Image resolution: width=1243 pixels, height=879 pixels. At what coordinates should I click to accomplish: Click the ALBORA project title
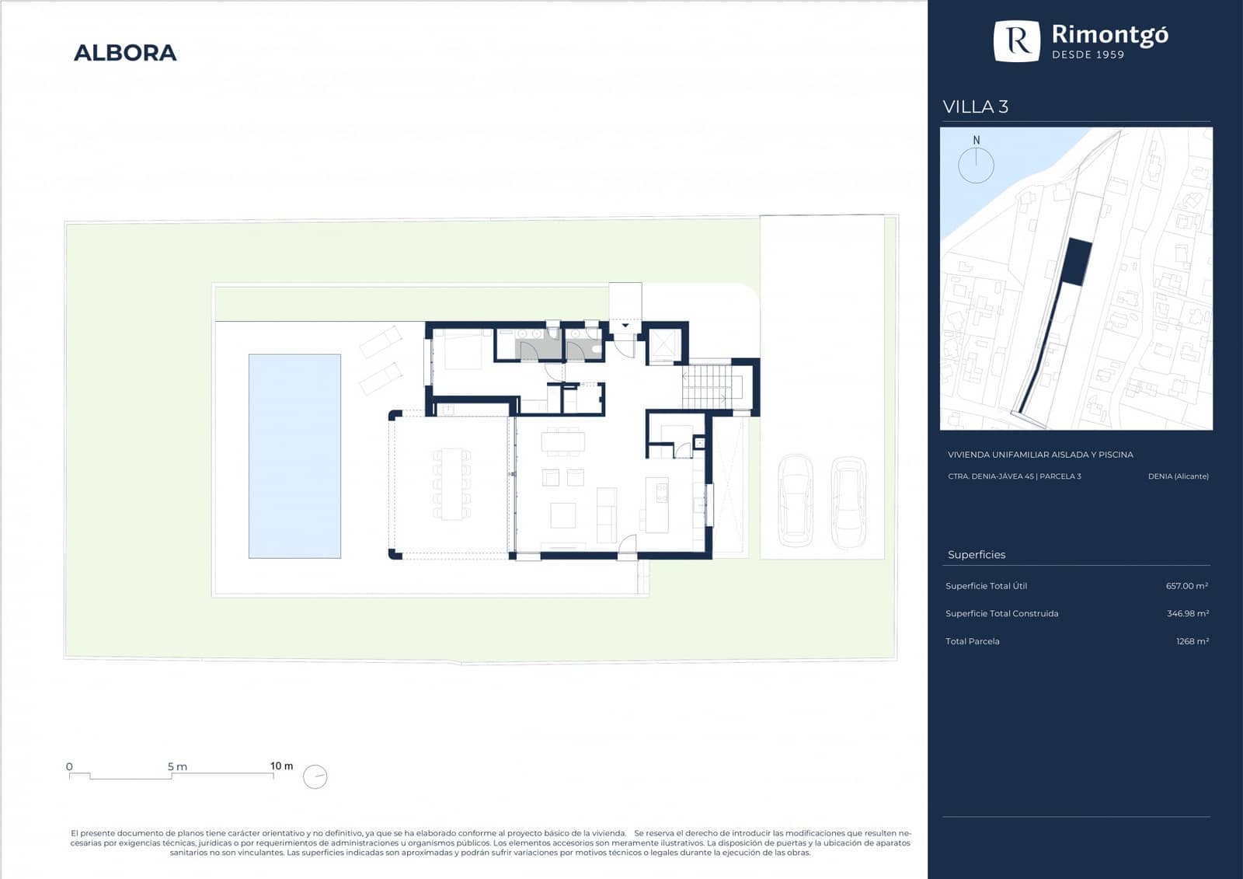pos(125,53)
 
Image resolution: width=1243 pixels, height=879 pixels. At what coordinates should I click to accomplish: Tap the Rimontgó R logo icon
pos(1017,41)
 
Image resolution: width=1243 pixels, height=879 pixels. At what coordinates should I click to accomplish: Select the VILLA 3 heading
pos(976,106)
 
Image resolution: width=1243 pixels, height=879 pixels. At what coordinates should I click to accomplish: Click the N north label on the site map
pos(976,141)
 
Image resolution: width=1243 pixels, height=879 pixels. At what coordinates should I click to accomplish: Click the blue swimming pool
pos(294,456)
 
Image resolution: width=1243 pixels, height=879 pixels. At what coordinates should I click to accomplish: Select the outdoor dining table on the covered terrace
pos(451,483)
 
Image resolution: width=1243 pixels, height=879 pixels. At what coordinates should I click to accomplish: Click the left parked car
pos(796,501)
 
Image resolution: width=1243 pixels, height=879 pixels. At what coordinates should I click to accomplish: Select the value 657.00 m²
pos(1187,586)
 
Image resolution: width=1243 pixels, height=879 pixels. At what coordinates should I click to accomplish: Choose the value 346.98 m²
pos(1188,613)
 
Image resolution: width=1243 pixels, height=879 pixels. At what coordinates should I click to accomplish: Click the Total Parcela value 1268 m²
pos(1193,641)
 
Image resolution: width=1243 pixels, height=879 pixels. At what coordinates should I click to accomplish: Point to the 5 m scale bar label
pos(178,767)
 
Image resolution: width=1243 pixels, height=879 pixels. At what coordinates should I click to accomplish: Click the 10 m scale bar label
pos(281,766)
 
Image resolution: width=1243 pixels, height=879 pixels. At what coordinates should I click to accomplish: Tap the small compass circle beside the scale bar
pos(315,776)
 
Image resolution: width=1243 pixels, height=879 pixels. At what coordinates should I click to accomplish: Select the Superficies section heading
pos(977,555)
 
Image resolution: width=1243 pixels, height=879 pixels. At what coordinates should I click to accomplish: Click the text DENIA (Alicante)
pos(1178,476)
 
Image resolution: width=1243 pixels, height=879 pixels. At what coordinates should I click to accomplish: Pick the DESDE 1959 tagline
pos(1088,54)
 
